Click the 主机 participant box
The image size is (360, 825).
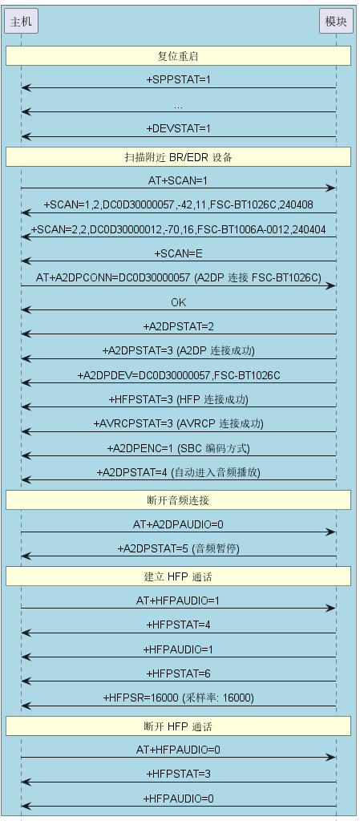(21, 21)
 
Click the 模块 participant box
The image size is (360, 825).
(336, 21)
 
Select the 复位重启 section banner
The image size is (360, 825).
(179, 56)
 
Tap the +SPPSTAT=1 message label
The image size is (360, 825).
(179, 80)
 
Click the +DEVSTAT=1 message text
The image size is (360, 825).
(179, 128)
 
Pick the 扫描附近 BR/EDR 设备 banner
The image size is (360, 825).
(179, 157)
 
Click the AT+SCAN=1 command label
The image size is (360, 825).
(179, 181)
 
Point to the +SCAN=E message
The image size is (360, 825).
(179, 253)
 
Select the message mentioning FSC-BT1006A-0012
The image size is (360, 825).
(179, 229)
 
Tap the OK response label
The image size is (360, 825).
(179, 302)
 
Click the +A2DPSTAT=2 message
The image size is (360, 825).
(179, 327)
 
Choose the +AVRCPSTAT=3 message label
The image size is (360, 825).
(179, 423)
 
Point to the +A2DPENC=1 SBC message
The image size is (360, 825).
(179, 448)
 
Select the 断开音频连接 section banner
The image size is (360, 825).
(179, 499)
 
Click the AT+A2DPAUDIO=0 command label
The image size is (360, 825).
(179, 524)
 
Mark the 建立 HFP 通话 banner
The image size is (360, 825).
(179, 576)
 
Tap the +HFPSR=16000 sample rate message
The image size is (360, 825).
(179, 698)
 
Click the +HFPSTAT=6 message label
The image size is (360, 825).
(179, 673)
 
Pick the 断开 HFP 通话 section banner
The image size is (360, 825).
(179, 726)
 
